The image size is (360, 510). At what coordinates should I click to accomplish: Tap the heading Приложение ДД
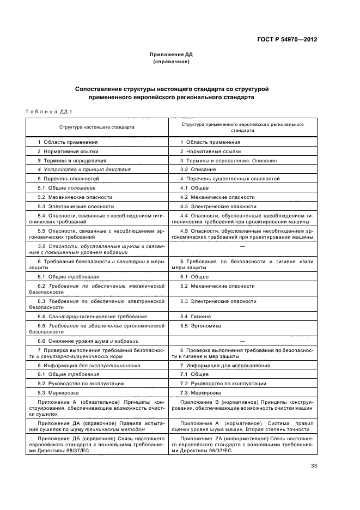[x=172, y=55]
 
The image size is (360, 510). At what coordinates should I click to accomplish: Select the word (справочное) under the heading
[x=172, y=62]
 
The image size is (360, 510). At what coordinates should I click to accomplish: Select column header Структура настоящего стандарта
[x=97, y=127]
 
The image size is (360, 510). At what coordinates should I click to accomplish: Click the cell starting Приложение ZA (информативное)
[x=242, y=444]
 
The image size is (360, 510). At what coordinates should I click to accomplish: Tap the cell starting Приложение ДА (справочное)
[x=97, y=426]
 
